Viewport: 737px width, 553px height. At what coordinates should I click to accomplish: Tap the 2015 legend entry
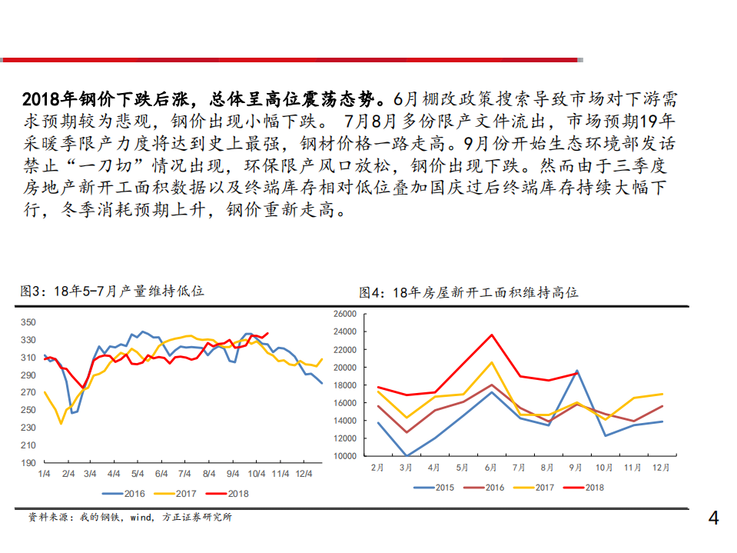[x=433, y=487]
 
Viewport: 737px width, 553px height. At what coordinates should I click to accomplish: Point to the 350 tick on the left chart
[x=28, y=322]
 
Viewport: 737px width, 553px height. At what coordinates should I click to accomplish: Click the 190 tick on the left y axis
[x=28, y=463]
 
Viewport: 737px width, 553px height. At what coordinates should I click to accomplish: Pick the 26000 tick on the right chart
[x=344, y=315]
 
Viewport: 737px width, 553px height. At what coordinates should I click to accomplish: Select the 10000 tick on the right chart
[x=344, y=456]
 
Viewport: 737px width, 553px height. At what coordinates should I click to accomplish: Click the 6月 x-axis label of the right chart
[x=491, y=467]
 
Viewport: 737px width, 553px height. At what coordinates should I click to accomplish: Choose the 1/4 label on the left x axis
[x=45, y=473]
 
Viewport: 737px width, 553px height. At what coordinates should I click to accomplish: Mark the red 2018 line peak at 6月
[x=492, y=335]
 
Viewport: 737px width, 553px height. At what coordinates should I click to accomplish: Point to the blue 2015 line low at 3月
[x=407, y=455]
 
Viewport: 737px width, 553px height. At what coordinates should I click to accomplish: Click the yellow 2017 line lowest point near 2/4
[x=61, y=423]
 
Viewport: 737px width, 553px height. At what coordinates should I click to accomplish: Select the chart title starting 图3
[x=112, y=291]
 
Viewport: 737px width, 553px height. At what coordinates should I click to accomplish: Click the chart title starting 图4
[x=469, y=293]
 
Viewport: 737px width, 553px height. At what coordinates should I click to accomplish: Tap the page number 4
[x=713, y=519]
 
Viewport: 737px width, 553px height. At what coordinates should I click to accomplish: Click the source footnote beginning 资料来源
[x=130, y=518]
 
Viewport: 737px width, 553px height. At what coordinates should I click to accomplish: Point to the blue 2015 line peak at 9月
[x=576, y=371]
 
